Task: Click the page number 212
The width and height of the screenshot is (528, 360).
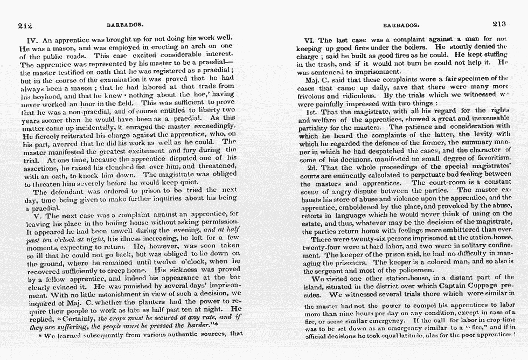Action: [x=25, y=25]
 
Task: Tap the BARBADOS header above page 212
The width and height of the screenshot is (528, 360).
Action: [x=126, y=25]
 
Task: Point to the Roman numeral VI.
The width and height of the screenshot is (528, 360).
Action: [x=310, y=40]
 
